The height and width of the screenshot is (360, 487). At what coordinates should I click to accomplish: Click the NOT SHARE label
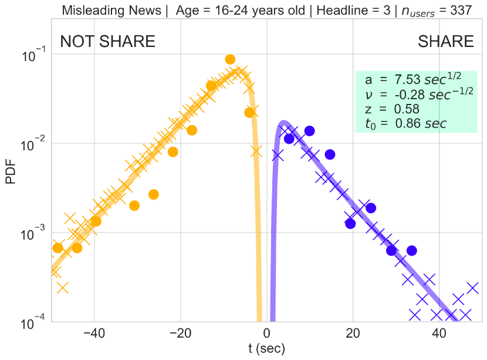pos(108,42)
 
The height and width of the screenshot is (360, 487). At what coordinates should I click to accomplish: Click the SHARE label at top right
pos(445,42)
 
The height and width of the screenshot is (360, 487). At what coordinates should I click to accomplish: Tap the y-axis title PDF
pos(11,175)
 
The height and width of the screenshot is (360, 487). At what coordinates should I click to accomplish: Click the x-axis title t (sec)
pos(266,349)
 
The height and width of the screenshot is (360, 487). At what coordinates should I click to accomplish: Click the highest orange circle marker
pos(230,59)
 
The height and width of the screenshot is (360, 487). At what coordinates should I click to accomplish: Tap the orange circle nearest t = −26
pos(153,194)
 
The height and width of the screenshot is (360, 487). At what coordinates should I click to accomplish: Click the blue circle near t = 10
pos(310,131)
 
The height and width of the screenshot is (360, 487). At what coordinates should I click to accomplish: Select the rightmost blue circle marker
pos(411,251)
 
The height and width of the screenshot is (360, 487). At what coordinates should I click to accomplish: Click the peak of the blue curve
pos(283,123)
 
